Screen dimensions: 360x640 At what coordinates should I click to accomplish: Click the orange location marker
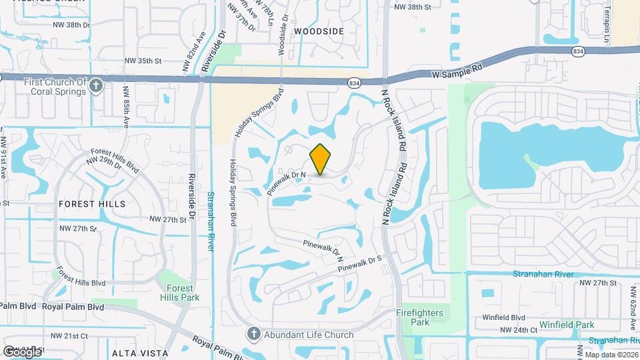pyautogui.click(x=321, y=159)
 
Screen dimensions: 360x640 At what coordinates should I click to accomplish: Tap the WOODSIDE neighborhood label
pyautogui.click(x=319, y=31)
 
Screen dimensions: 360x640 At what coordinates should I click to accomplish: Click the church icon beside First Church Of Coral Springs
pyautogui.click(x=97, y=86)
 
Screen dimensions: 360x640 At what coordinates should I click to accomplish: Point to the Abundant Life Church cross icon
pyautogui.click(x=253, y=333)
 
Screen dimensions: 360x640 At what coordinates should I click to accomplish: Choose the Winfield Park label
pyautogui.click(x=567, y=325)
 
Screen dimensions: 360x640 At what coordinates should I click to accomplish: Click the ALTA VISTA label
pyautogui.click(x=138, y=352)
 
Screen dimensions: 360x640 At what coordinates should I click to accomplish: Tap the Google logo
pyautogui.click(x=21, y=351)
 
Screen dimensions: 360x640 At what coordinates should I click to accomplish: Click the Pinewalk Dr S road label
pyautogui.click(x=360, y=263)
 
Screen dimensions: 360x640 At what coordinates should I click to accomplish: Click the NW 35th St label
pyautogui.click(x=143, y=61)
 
